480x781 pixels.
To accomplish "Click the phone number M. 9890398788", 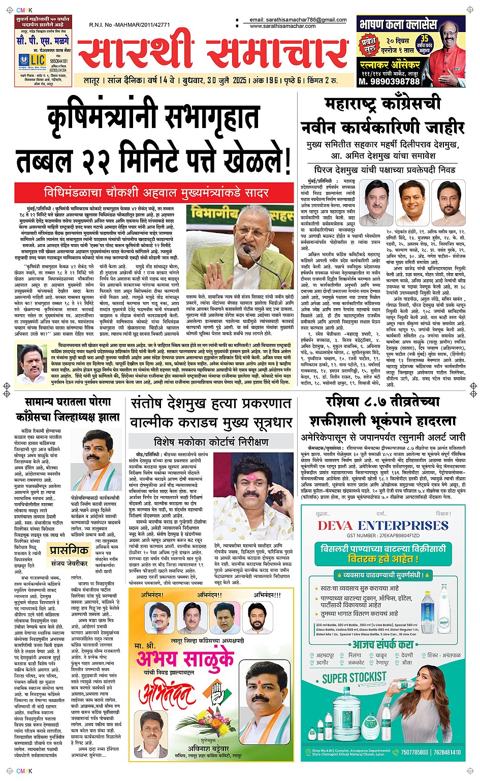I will click(389, 81).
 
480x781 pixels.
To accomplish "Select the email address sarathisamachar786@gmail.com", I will click(298, 20).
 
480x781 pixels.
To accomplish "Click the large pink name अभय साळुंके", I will click(185, 660).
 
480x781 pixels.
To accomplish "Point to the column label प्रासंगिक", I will click(69, 550).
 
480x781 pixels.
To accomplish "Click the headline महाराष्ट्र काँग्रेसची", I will click(382, 104).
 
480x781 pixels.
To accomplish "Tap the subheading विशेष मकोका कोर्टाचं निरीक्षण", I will click(211, 441).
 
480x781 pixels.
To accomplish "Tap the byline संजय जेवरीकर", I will click(69, 563).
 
